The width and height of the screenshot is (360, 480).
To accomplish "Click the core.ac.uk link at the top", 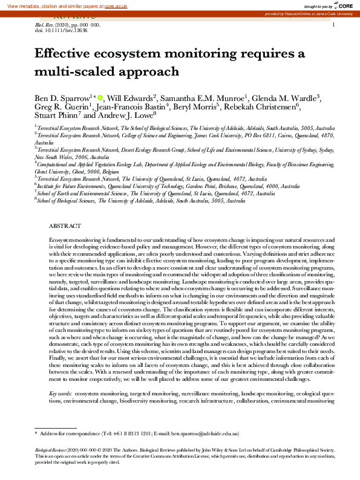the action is [x=120, y=5].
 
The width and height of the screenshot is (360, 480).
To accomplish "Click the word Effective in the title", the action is [x=68, y=54].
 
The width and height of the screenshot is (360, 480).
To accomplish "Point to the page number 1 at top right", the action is [x=333, y=24].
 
